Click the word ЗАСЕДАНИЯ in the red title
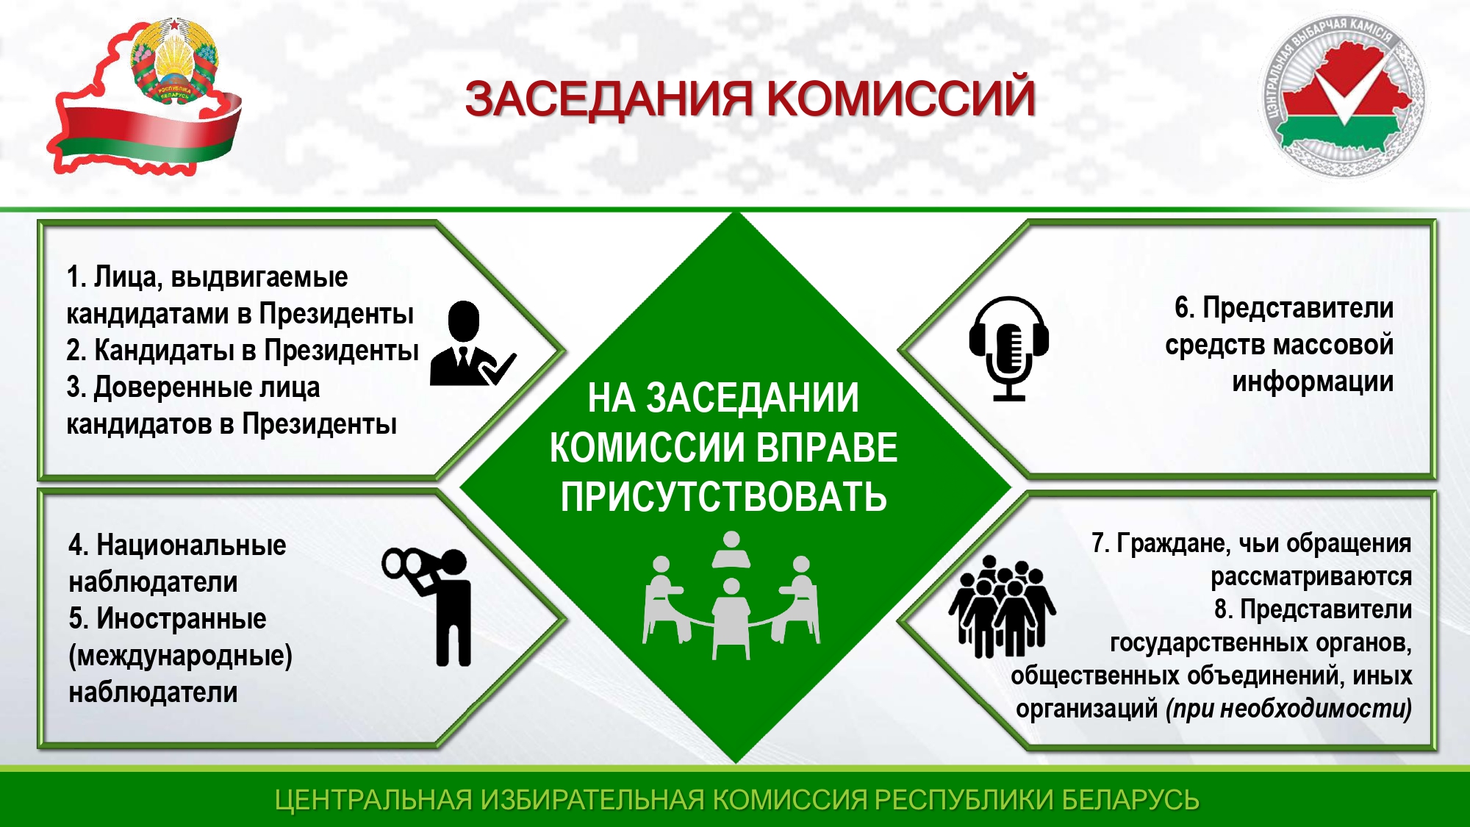click(609, 99)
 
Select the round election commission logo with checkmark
click(1342, 97)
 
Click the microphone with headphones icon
click(1008, 348)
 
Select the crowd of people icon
click(1002, 606)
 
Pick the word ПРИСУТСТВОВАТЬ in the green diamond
click(724, 497)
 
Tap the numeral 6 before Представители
click(1182, 308)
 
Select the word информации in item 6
click(1313, 382)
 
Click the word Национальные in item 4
click(191, 545)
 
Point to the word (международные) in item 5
click(181, 656)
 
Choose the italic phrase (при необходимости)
click(1289, 709)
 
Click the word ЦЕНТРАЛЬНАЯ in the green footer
click(373, 800)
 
